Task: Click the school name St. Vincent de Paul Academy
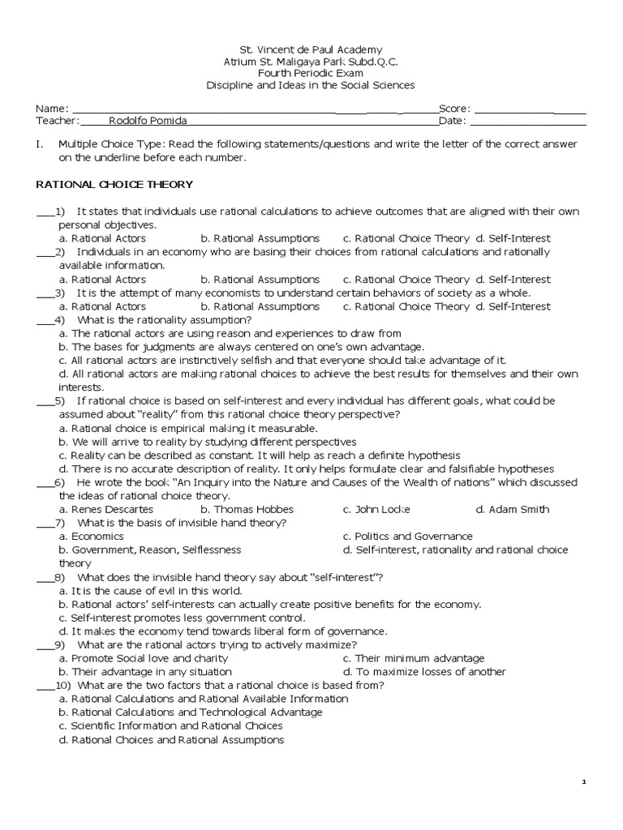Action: click(x=311, y=49)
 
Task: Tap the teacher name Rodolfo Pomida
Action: click(x=147, y=121)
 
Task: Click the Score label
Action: click(x=453, y=109)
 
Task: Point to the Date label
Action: click(x=452, y=121)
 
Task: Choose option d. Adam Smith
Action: click(x=512, y=509)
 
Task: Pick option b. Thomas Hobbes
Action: click(x=247, y=509)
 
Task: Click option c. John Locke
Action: click(x=376, y=509)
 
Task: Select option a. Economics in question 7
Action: click(x=91, y=536)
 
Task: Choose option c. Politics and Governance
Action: click(x=407, y=536)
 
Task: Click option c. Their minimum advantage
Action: click(x=413, y=658)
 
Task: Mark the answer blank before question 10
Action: click(x=44, y=685)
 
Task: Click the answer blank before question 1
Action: click(x=44, y=212)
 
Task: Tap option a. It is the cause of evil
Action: click(x=134, y=590)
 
